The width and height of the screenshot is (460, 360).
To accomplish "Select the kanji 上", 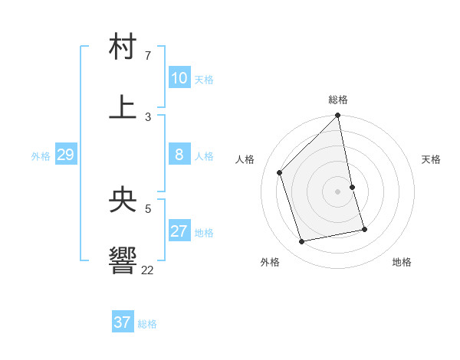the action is [123, 106].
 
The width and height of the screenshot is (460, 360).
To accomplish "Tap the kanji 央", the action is [123, 200].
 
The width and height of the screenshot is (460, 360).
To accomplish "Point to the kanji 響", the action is [123, 260].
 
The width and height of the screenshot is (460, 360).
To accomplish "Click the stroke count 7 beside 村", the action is [148, 56].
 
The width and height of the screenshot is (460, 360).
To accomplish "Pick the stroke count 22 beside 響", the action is [148, 270].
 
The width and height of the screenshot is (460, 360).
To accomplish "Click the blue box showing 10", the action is [179, 77].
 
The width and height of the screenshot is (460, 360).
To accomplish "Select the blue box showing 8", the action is [179, 155].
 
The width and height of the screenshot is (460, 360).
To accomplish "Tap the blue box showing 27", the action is [179, 231].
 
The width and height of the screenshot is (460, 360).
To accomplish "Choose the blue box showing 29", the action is [65, 155].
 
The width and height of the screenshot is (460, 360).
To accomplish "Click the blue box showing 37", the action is [123, 322].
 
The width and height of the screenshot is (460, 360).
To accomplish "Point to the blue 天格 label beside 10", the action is [203, 80].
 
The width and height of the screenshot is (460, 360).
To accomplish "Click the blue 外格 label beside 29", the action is [41, 156].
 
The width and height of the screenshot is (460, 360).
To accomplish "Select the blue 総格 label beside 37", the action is [147, 324].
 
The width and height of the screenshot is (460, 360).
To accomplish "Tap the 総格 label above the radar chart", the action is [338, 100].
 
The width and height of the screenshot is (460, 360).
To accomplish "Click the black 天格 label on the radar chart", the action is [432, 159].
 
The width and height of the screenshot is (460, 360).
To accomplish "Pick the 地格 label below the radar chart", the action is [402, 262].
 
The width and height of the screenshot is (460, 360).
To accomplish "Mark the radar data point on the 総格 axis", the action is [338, 116].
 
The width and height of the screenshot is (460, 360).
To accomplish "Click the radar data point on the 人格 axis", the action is [280, 172].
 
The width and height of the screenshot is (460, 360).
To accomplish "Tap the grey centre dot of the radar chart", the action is [338, 191].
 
